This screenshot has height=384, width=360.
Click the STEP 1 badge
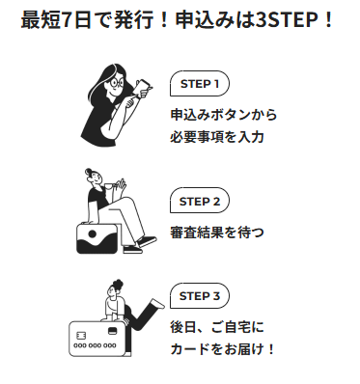click(200, 84)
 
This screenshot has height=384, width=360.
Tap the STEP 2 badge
click(200, 201)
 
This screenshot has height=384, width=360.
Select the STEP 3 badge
click(200, 296)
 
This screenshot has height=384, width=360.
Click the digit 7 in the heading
click(67, 20)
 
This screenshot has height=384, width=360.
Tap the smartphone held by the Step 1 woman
click(142, 87)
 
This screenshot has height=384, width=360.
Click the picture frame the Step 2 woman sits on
click(97, 238)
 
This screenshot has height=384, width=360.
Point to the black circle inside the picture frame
click(93, 233)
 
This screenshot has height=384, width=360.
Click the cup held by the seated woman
click(110, 186)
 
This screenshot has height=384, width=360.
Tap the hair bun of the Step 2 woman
click(88, 171)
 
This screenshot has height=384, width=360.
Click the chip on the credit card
click(81, 336)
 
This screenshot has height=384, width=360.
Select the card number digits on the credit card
click(95, 346)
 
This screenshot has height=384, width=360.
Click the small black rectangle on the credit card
click(112, 330)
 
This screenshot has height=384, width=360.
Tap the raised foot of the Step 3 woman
click(157, 303)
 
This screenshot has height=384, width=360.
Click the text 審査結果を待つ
click(217, 233)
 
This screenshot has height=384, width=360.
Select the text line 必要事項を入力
click(217, 137)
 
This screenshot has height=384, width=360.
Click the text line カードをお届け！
click(222, 349)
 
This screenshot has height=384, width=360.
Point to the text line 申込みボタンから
click(224, 115)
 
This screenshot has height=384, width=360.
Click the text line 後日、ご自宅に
click(217, 327)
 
